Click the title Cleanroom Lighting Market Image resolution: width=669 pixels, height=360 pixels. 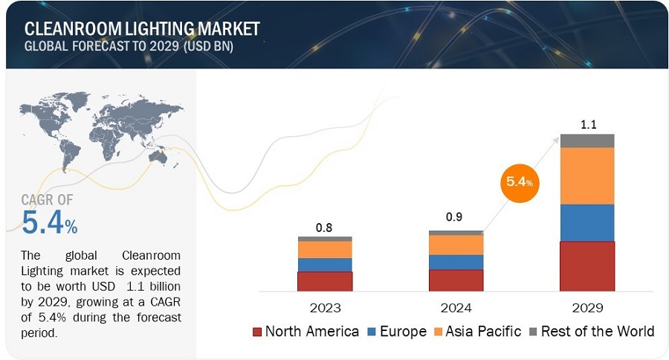click(142, 28)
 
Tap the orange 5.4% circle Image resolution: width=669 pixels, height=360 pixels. click(517, 181)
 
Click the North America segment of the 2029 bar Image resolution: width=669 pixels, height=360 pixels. click(586, 266)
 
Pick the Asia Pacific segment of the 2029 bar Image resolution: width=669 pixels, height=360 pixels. click(586, 176)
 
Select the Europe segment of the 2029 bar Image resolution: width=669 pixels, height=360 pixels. click(586, 222)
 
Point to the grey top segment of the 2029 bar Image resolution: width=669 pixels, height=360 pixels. click(586, 141)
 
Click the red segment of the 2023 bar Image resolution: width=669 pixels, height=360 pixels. click(325, 281)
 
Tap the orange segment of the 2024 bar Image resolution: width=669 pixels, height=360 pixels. click(456, 245)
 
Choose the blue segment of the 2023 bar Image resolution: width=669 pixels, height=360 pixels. click(325, 264)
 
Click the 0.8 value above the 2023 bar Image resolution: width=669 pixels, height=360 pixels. click(324, 228)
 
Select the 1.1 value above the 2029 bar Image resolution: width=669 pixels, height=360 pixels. click(587, 125)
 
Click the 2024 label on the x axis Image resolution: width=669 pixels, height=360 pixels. click(456, 307)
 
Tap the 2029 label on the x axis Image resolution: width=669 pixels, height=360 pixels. click(587, 307)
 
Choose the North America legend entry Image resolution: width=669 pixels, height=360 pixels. click(306, 331)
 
